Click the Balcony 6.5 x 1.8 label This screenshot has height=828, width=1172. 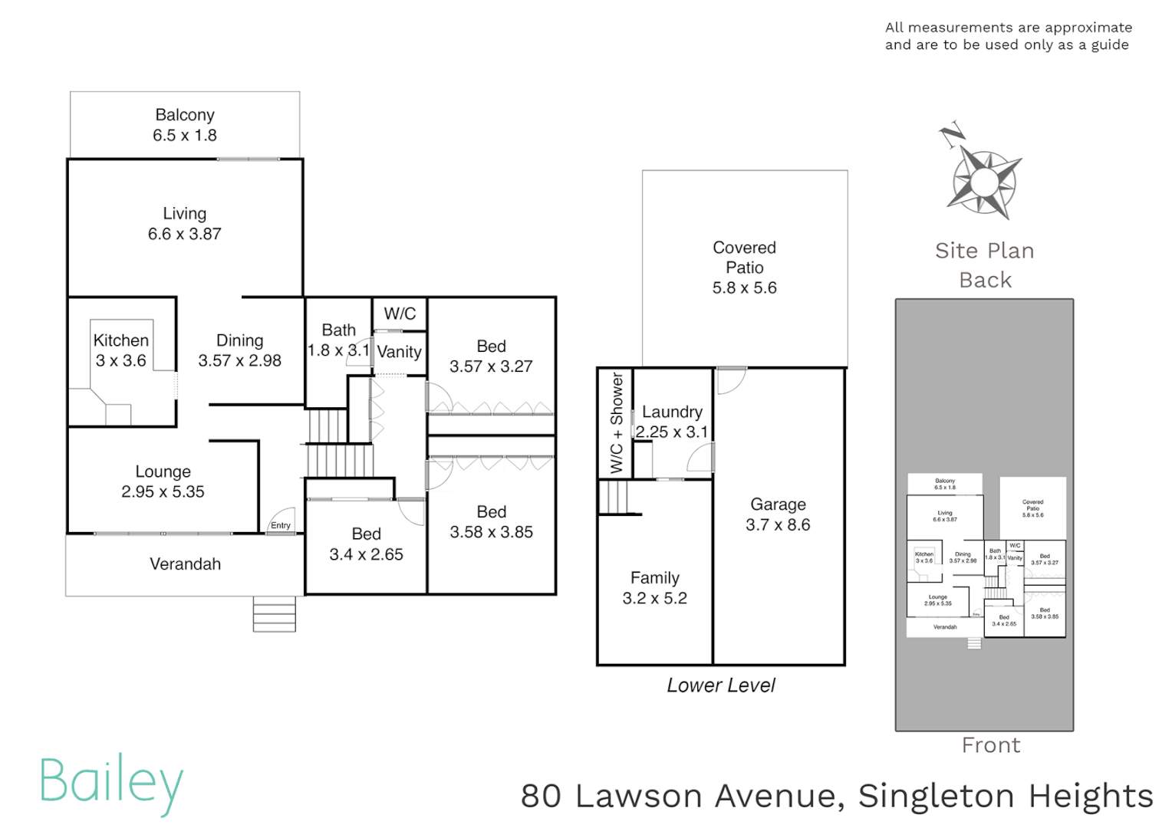[185, 125]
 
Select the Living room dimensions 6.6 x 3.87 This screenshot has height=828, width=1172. [185, 235]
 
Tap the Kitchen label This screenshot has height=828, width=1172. [121, 340]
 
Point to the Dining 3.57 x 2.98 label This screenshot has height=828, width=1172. [239, 350]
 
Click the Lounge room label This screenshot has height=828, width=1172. [163, 481]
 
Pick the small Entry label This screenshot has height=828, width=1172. [281, 525]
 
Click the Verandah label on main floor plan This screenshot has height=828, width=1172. [185, 564]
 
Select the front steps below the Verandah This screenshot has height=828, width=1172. [274, 614]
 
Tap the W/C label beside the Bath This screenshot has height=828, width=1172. [400, 314]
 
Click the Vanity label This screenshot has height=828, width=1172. [400, 352]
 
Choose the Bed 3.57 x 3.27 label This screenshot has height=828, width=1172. [491, 356]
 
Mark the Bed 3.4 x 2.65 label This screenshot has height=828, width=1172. [366, 544]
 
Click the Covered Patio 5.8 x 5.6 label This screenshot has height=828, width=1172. [744, 268]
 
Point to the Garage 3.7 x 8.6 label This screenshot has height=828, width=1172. [778, 514]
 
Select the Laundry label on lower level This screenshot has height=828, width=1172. [672, 412]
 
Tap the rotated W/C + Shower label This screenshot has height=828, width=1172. [616, 422]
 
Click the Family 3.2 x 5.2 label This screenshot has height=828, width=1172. [654, 588]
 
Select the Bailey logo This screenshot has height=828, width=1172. [112, 784]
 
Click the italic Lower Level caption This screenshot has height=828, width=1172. [720, 685]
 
